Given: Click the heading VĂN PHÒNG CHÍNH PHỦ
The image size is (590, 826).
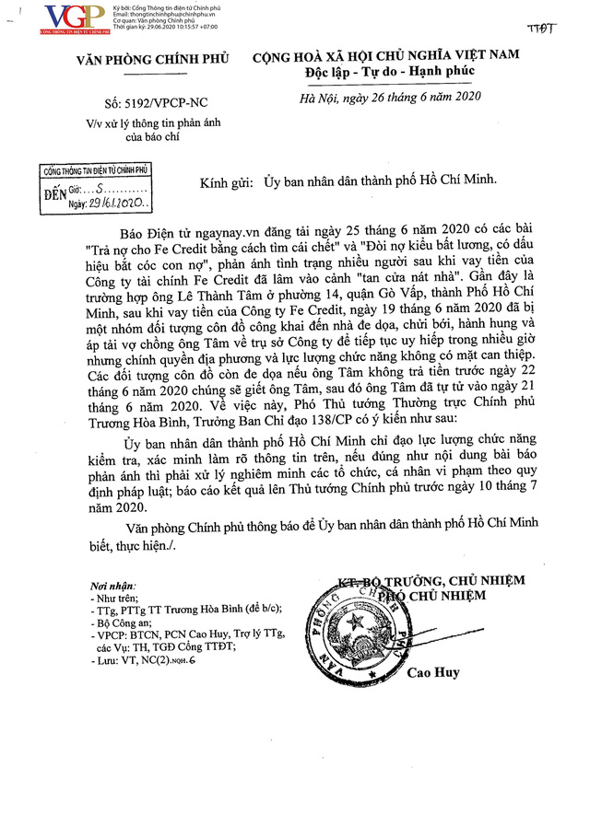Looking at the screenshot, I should click(x=144, y=62).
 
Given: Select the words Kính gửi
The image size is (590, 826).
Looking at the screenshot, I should click(x=225, y=183).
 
